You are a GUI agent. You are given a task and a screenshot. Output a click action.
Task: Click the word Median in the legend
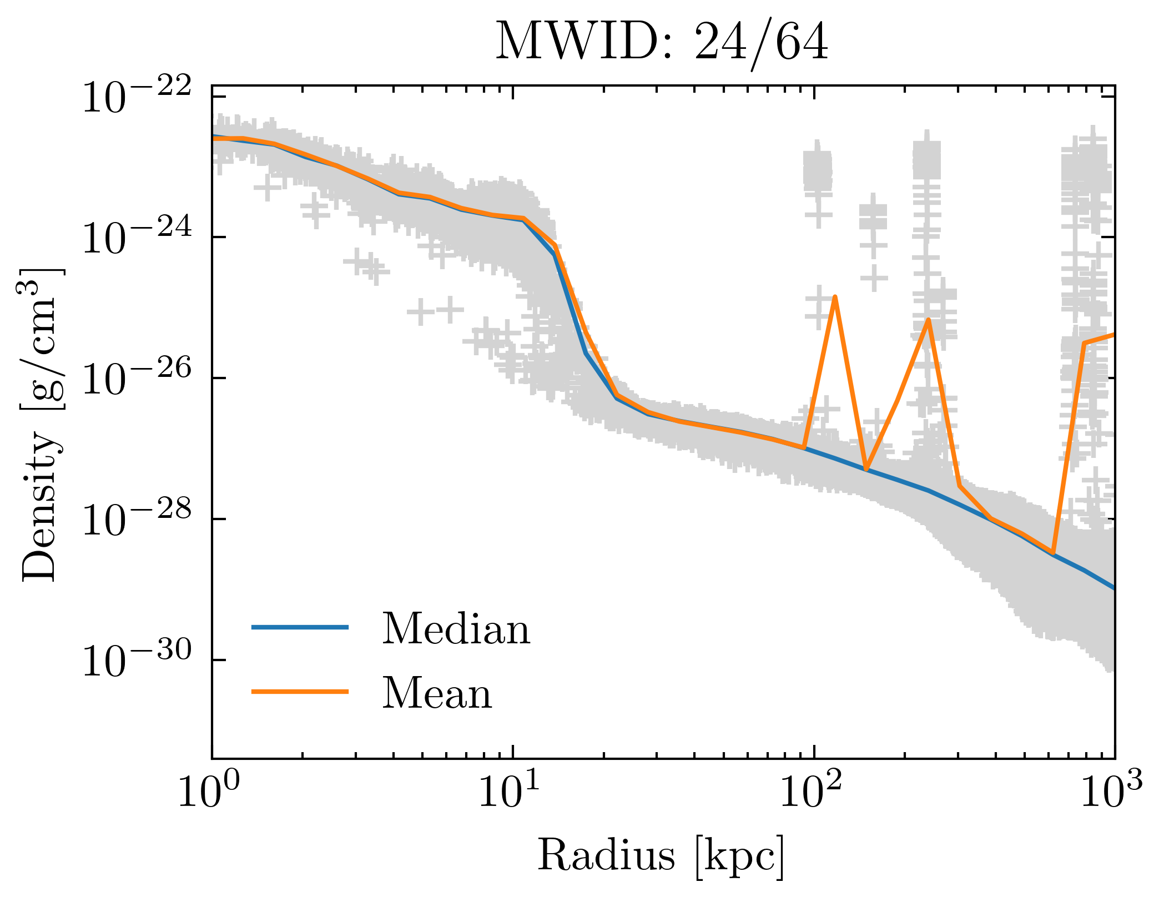tap(456, 629)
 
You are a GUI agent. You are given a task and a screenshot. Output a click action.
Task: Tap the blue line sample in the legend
tap(300, 627)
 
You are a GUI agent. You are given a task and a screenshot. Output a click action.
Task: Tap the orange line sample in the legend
tap(300, 691)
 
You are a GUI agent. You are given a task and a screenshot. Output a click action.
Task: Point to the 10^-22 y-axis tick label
tap(137, 98)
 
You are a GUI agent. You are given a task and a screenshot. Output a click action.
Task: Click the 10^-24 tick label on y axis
tap(137, 239)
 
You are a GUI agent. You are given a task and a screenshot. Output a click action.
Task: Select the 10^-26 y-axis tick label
tap(137, 380)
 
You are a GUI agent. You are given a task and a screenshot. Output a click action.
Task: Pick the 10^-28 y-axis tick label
tap(137, 521)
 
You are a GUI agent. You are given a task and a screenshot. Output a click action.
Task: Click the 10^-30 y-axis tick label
tap(137, 662)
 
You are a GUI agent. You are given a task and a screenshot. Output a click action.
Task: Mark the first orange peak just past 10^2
tap(835, 298)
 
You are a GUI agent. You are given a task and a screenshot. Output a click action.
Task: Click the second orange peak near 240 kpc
tap(928, 320)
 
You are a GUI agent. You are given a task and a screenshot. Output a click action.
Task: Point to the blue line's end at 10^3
tap(1113, 588)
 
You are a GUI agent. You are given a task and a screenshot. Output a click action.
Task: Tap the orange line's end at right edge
tap(1113, 335)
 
